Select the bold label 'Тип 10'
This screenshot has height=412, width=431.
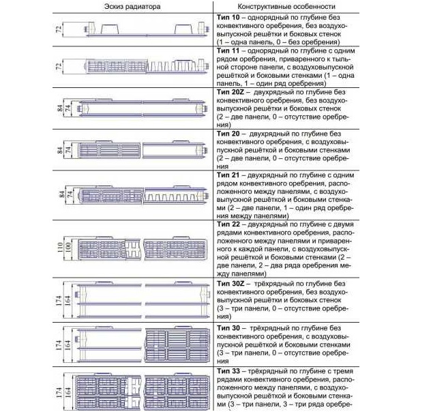tap(228, 16)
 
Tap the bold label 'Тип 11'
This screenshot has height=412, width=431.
tap(228, 51)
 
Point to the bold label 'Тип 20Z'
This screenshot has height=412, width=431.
tap(231, 91)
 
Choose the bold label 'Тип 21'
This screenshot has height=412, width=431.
tap(228, 175)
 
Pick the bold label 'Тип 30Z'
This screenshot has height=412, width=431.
tap(231, 282)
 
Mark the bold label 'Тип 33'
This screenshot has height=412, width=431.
tap(228, 371)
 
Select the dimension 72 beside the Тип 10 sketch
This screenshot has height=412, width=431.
tap(59, 29)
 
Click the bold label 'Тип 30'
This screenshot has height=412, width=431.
tap(228, 329)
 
